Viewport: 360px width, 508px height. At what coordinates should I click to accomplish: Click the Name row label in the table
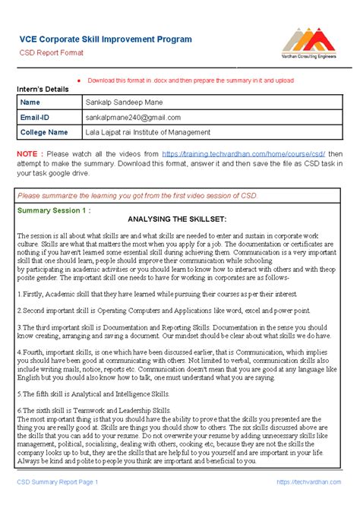tap(30, 103)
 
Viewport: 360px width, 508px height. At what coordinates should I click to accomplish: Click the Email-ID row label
tap(35, 118)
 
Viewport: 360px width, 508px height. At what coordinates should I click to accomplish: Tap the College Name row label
tap(43, 132)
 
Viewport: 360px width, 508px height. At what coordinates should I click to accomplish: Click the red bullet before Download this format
tap(79, 80)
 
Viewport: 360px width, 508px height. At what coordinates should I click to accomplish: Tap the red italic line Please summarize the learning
tap(137, 195)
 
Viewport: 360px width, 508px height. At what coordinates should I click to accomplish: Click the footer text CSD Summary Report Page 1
tap(58, 481)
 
